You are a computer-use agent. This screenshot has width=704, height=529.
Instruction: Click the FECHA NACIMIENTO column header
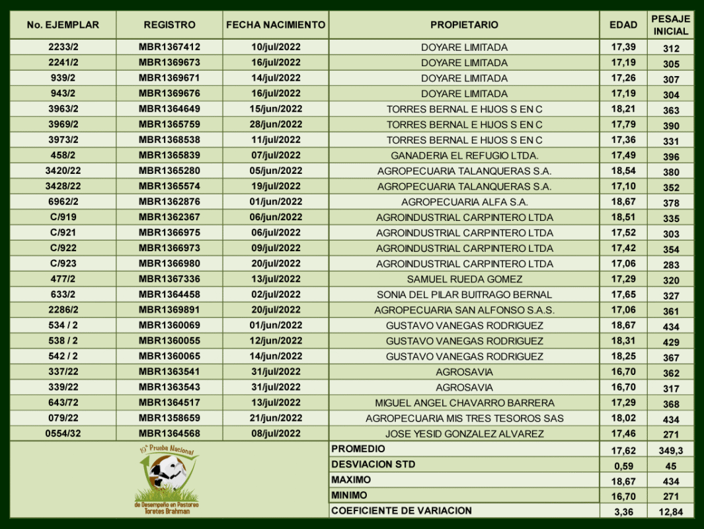tap(276, 25)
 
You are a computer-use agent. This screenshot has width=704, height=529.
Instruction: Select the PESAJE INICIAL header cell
tap(671, 25)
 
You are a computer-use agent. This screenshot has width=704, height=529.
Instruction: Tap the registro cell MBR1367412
tap(169, 47)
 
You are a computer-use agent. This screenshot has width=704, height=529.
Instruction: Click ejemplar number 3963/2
tap(63, 108)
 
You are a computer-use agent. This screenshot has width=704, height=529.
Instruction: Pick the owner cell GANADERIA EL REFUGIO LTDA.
tap(464, 155)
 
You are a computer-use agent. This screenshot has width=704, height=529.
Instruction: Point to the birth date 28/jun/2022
tap(276, 124)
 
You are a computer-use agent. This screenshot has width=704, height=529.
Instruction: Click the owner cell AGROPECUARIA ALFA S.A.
tap(464, 202)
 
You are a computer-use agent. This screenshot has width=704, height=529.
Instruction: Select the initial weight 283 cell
tap(671, 264)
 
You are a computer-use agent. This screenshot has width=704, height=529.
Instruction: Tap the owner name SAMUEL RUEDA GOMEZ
tap(464, 279)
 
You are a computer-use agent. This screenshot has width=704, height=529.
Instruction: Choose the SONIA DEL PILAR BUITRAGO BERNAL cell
tap(464, 294)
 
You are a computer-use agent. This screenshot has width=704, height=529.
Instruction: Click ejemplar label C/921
tap(63, 232)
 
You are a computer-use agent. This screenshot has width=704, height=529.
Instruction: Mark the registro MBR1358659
tap(169, 418)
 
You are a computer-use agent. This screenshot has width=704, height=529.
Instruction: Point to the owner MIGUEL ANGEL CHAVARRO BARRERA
tap(464, 403)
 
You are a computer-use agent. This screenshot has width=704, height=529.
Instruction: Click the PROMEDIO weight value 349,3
tap(671, 450)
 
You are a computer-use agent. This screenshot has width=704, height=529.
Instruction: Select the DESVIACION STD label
tap(373, 464)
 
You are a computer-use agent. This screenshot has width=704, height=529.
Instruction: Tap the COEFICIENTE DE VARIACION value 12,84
tap(671, 511)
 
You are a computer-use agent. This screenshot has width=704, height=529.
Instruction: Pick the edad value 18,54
tap(623, 171)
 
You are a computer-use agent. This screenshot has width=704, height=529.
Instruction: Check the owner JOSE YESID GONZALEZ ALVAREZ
tap(464, 434)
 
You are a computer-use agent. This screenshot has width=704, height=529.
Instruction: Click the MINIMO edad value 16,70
tap(623, 495)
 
